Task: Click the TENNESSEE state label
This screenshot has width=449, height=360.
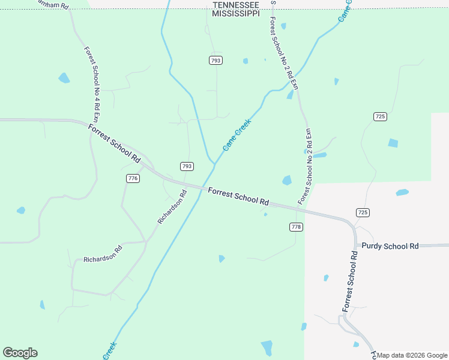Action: coord(236,5)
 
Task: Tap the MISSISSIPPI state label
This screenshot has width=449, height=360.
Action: coord(236,13)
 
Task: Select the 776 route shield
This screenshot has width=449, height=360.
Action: coord(133,178)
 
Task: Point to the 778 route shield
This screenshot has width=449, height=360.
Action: coord(296,227)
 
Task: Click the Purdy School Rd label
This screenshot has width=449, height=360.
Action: coord(390,246)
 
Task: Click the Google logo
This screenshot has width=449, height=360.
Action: coord(20,353)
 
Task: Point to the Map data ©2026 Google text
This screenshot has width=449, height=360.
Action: coord(412,355)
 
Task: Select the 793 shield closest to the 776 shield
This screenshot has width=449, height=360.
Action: coord(187,166)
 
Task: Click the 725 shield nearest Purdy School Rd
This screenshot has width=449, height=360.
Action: coord(362,212)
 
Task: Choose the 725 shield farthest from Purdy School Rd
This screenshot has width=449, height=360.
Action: coord(379,116)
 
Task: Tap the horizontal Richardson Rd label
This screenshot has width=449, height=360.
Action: coord(103,256)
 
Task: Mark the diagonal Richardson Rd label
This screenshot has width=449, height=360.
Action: coord(172,207)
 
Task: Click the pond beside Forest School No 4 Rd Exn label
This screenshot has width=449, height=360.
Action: coord(64,78)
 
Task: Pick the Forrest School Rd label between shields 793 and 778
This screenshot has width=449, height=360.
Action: coord(238,196)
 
